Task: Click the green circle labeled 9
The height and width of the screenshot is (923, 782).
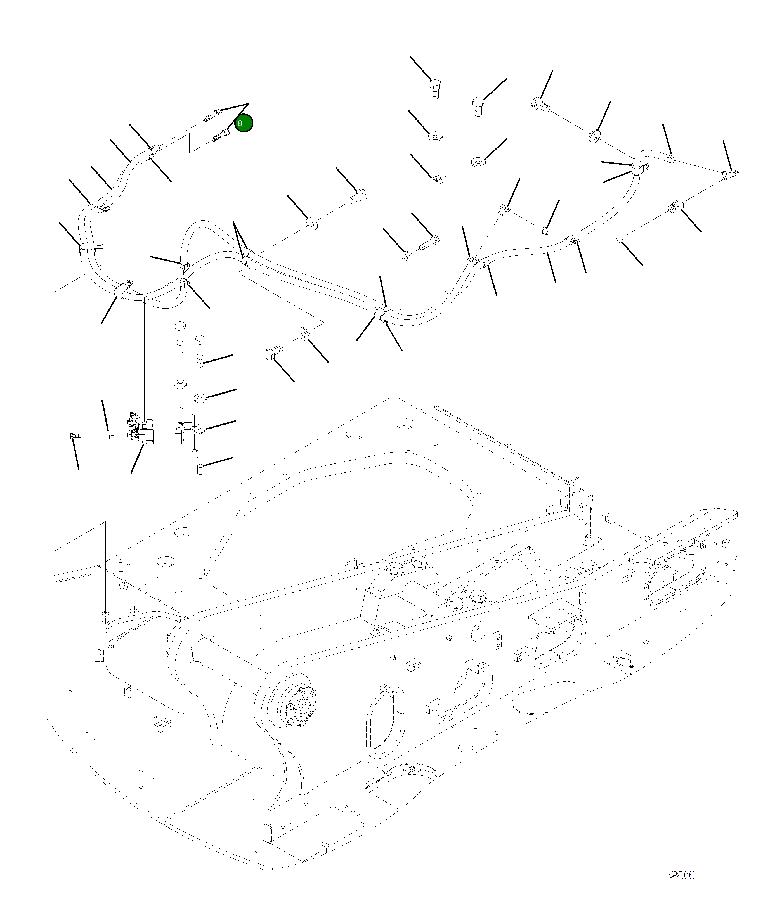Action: click(x=243, y=123)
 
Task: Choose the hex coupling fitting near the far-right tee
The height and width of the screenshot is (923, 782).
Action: click(x=675, y=207)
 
